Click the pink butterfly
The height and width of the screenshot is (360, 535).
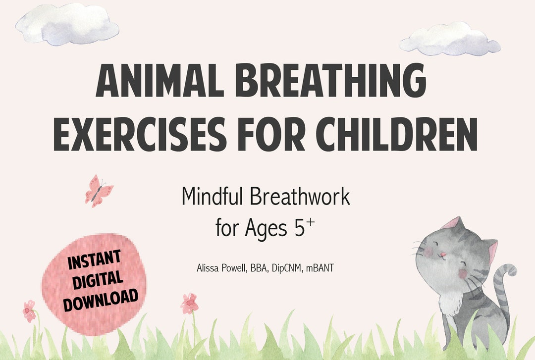99,190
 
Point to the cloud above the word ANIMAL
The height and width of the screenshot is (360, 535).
68,24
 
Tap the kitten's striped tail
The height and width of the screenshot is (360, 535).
501,292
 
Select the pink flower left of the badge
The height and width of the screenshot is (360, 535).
29,310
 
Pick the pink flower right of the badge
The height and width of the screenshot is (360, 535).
189,303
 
